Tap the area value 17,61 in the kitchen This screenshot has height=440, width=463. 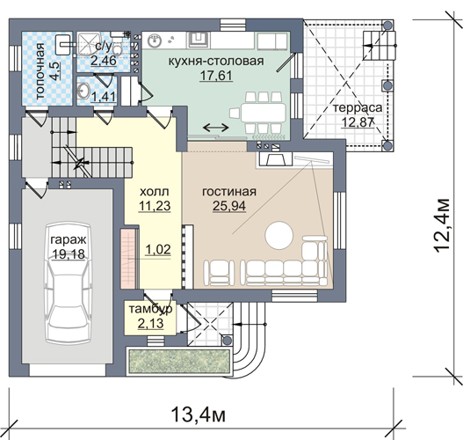pos(216,76)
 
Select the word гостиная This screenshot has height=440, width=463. pos(229,192)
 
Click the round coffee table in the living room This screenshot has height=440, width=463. pos(279,235)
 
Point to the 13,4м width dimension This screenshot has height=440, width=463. pos(199,414)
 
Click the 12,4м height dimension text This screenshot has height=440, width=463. pos(442,226)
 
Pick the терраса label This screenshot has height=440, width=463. pos(358,108)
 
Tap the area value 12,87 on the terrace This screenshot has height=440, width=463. pos(358,122)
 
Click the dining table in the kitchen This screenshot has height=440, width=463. pos(264,113)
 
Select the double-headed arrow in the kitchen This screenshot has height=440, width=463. pos(216,128)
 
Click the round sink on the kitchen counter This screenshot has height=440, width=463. pos(154,40)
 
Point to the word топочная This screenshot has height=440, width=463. pos(40,71)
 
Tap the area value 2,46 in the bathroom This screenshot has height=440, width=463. pos(104,61)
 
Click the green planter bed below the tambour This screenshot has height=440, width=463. pos(178,362)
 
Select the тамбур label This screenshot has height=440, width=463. pos(150,309)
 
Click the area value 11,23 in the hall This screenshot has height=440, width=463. pos(155,206)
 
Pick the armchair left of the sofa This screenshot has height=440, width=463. pos(219,272)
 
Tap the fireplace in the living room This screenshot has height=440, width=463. pos(276,159)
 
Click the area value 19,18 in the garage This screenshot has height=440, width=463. pos(69,254)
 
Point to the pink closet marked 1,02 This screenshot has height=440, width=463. pos(128,259)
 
